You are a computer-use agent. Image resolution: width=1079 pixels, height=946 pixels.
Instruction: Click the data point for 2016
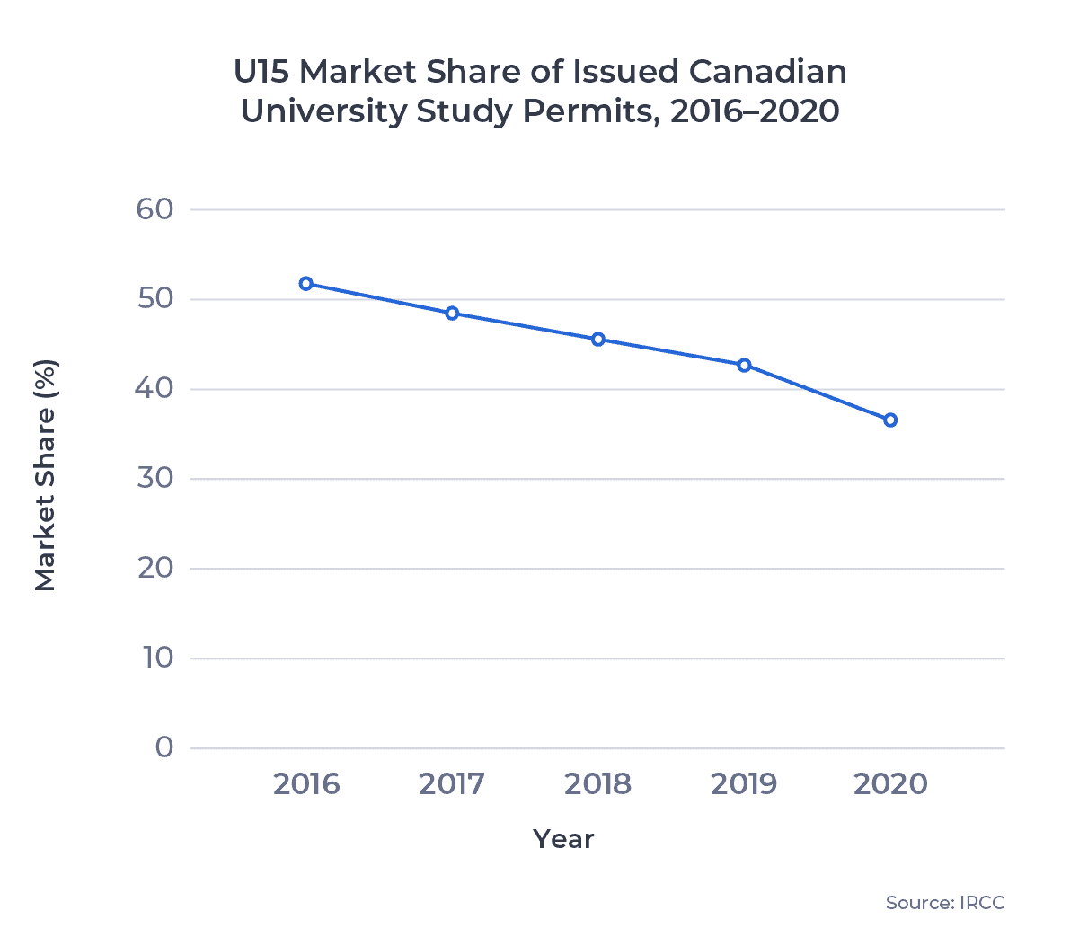pos(306,284)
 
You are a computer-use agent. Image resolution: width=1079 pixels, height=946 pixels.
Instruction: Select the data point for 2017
pos(452,314)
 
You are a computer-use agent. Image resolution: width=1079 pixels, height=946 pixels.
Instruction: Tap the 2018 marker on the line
pos(598,340)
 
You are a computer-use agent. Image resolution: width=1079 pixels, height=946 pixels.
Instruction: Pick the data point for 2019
pos(744,366)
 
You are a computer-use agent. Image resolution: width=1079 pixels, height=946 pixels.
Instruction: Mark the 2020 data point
pos(890,420)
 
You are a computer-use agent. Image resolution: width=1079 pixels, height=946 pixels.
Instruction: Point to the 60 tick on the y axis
pos(155,209)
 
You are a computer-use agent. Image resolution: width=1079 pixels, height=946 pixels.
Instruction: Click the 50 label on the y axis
pos(155,299)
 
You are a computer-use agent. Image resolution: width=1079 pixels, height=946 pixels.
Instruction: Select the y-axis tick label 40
pos(155,389)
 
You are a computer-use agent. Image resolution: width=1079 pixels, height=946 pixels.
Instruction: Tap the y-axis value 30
pos(155,478)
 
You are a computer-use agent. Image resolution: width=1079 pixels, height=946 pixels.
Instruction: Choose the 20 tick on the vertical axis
pos(155,568)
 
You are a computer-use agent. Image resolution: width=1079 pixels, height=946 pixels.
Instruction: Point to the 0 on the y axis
pos(164,747)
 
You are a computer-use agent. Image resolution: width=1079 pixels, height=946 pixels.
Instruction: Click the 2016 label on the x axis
pos(306,784)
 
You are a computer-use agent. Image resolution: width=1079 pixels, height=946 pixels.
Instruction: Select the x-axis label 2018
pos(598,784)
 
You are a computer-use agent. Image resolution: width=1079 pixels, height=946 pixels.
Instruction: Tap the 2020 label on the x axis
pos(890,784)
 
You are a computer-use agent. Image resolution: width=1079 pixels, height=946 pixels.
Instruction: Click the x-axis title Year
pos(563,839)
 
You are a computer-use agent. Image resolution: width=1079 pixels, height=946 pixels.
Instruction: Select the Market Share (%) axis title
pos(46,475)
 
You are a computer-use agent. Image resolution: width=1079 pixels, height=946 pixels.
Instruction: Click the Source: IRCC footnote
pos(945,903)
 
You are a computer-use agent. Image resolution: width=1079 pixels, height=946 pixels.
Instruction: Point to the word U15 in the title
pos(261,72)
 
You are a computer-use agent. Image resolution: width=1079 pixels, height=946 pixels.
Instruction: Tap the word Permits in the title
pos(582,111)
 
